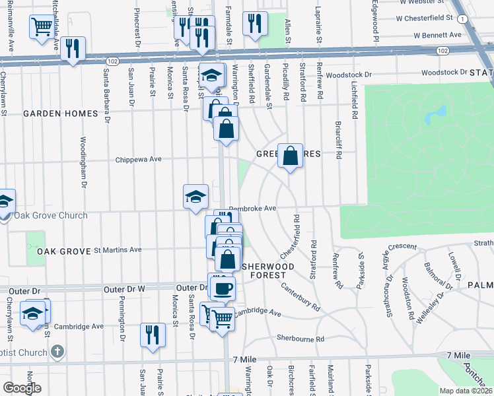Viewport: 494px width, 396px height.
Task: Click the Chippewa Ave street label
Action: [138, 159]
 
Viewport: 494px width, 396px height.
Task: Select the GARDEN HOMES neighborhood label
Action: [60, 114]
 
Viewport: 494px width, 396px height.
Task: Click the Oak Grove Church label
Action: [51, 215]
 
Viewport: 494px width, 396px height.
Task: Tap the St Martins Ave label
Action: [118, 249]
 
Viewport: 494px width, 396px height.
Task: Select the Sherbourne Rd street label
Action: [300, 339]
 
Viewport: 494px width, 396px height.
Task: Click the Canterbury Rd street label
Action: [300, 298]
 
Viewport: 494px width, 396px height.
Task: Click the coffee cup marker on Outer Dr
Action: [222, 288]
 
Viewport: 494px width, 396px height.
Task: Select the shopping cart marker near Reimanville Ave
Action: [41, 28]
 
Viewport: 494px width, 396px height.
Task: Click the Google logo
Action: [22, 388]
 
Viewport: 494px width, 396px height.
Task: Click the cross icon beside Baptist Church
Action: [57, 351]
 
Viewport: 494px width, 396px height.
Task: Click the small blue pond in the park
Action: [431, 117]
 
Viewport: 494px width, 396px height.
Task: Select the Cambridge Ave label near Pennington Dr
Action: [78, 326]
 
